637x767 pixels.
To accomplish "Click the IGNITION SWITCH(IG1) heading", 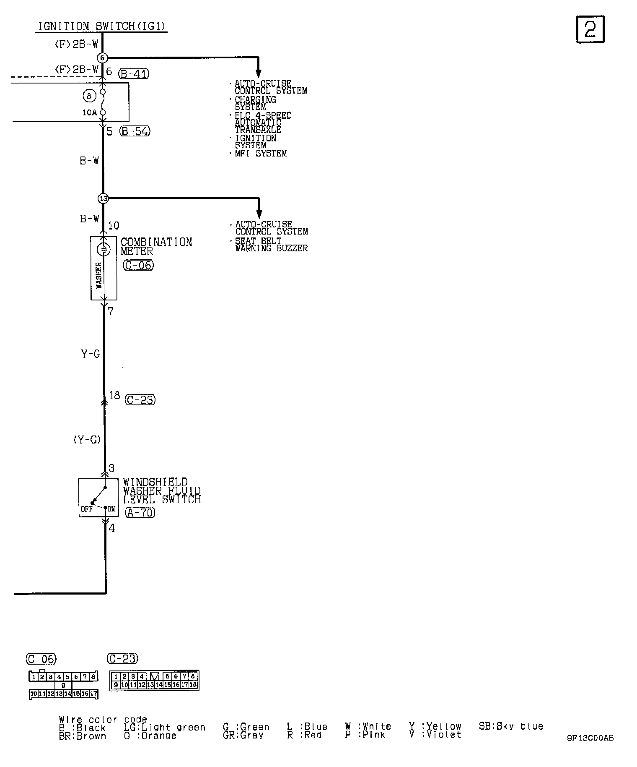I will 102,26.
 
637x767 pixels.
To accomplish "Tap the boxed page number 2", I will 590,29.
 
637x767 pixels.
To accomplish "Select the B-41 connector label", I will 134,74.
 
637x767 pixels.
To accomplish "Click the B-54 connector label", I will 135,131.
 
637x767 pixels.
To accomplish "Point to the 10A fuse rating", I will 89,112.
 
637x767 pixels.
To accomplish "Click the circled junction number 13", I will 103,198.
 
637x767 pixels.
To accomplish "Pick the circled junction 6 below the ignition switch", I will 102,57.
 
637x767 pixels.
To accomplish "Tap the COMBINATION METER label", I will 156,246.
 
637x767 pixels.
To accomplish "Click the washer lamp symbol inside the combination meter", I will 104,250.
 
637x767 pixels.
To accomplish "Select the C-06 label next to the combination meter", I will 138,265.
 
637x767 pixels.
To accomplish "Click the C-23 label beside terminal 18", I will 140,400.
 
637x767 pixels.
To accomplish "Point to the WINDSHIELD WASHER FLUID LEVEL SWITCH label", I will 162,490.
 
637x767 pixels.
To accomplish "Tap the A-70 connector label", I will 140,512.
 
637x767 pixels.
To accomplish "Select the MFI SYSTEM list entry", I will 260,154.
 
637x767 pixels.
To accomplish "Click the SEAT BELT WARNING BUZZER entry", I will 271,245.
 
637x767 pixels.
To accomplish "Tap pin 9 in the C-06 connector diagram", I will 63,686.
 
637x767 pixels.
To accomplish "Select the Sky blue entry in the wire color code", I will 511,726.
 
